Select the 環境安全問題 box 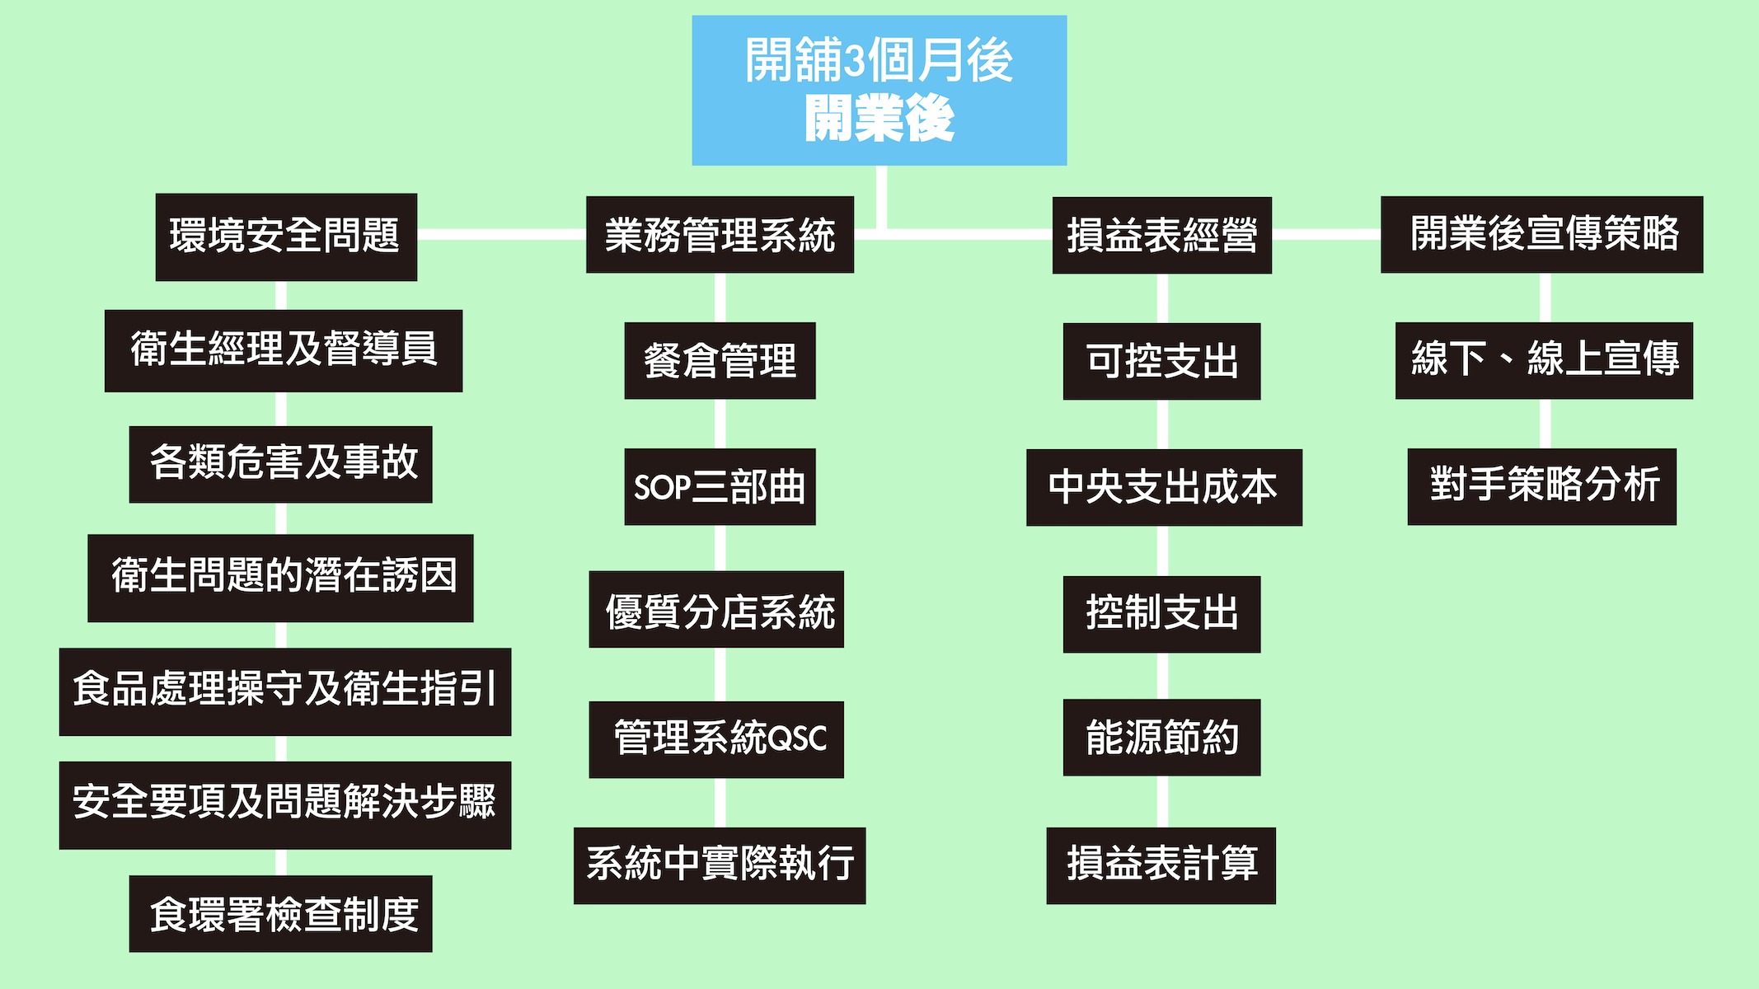[286, 237]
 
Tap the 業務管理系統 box [720, 235]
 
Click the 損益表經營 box [1161, 235]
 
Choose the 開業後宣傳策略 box [1541, 234]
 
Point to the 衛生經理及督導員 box [284, 350]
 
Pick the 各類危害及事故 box [280, 464]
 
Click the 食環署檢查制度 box [280, 913]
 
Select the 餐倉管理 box [720, 361]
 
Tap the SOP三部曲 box [720, 486]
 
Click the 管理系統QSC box [716, 739]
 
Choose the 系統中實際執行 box [720, 865]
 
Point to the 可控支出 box [1161, 361]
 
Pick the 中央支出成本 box [1164, 487]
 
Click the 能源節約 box [1161, 737]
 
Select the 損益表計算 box [1161, 865]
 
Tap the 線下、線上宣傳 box [1544, 360]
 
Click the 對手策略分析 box [1541, 486]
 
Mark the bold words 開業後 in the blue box [879, 119]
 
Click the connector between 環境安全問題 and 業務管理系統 [501, 235]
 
